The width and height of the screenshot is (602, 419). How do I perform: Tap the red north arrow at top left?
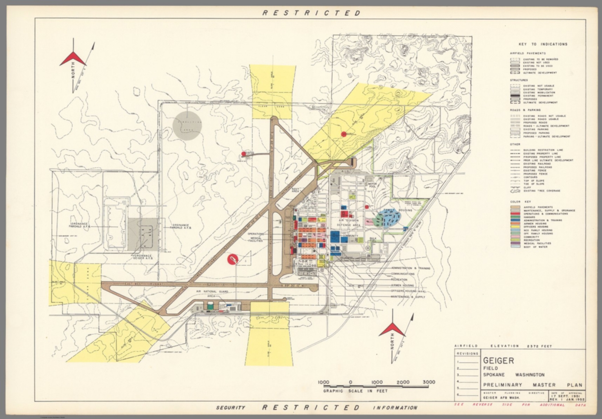tap(73, 59)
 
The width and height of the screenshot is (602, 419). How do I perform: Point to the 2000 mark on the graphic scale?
tap(403, 382)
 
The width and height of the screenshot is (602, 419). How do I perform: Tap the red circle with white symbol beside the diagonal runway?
tap(232, 259)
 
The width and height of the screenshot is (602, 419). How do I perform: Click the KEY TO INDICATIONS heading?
tap(542, 44)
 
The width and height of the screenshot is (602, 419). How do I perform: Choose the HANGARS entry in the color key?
tap(530, 217)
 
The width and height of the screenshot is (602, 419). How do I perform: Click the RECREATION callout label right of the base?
tap(399, 280)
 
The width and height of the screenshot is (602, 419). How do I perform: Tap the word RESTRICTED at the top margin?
tap(311, 13)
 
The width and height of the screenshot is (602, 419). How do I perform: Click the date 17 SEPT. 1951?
tap(568, 396)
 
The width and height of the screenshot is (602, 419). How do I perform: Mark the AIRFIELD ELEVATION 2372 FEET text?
tap(503, 346)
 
